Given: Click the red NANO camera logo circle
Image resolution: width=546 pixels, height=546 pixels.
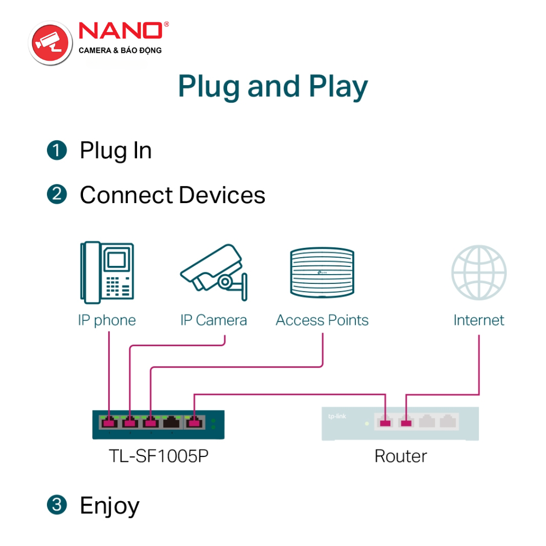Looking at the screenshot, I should (51, 43).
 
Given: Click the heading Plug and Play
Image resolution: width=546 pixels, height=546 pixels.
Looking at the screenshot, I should (273, 87).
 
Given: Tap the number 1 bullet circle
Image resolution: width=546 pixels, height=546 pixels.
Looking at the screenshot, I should (57, 151).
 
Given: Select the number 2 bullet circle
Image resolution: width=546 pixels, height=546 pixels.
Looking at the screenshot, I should (57, 195).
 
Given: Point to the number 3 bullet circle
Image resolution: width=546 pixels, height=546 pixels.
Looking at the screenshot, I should (57, 505).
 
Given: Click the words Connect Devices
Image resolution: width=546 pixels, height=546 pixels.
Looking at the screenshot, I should (173, 195).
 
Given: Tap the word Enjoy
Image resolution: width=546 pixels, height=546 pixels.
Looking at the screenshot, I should (110, 506).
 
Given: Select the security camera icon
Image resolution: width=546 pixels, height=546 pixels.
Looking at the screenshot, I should (213, 271).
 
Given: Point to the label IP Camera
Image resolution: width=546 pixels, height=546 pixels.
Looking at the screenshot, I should (213, 320).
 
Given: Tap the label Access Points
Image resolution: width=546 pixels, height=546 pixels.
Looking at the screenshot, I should (322, 320).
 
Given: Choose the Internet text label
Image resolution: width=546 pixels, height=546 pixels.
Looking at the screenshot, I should (479, 320).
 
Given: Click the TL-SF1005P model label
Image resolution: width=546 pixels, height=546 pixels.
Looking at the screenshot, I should (159, 456).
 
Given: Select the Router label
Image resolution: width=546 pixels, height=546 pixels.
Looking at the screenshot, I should (401, 456).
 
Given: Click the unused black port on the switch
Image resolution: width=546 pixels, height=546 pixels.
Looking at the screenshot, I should (173, 422).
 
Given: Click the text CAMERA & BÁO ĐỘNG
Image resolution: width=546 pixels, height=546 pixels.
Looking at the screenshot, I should (121, 51).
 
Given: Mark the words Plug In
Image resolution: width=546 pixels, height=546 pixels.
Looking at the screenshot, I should (116, 151).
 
